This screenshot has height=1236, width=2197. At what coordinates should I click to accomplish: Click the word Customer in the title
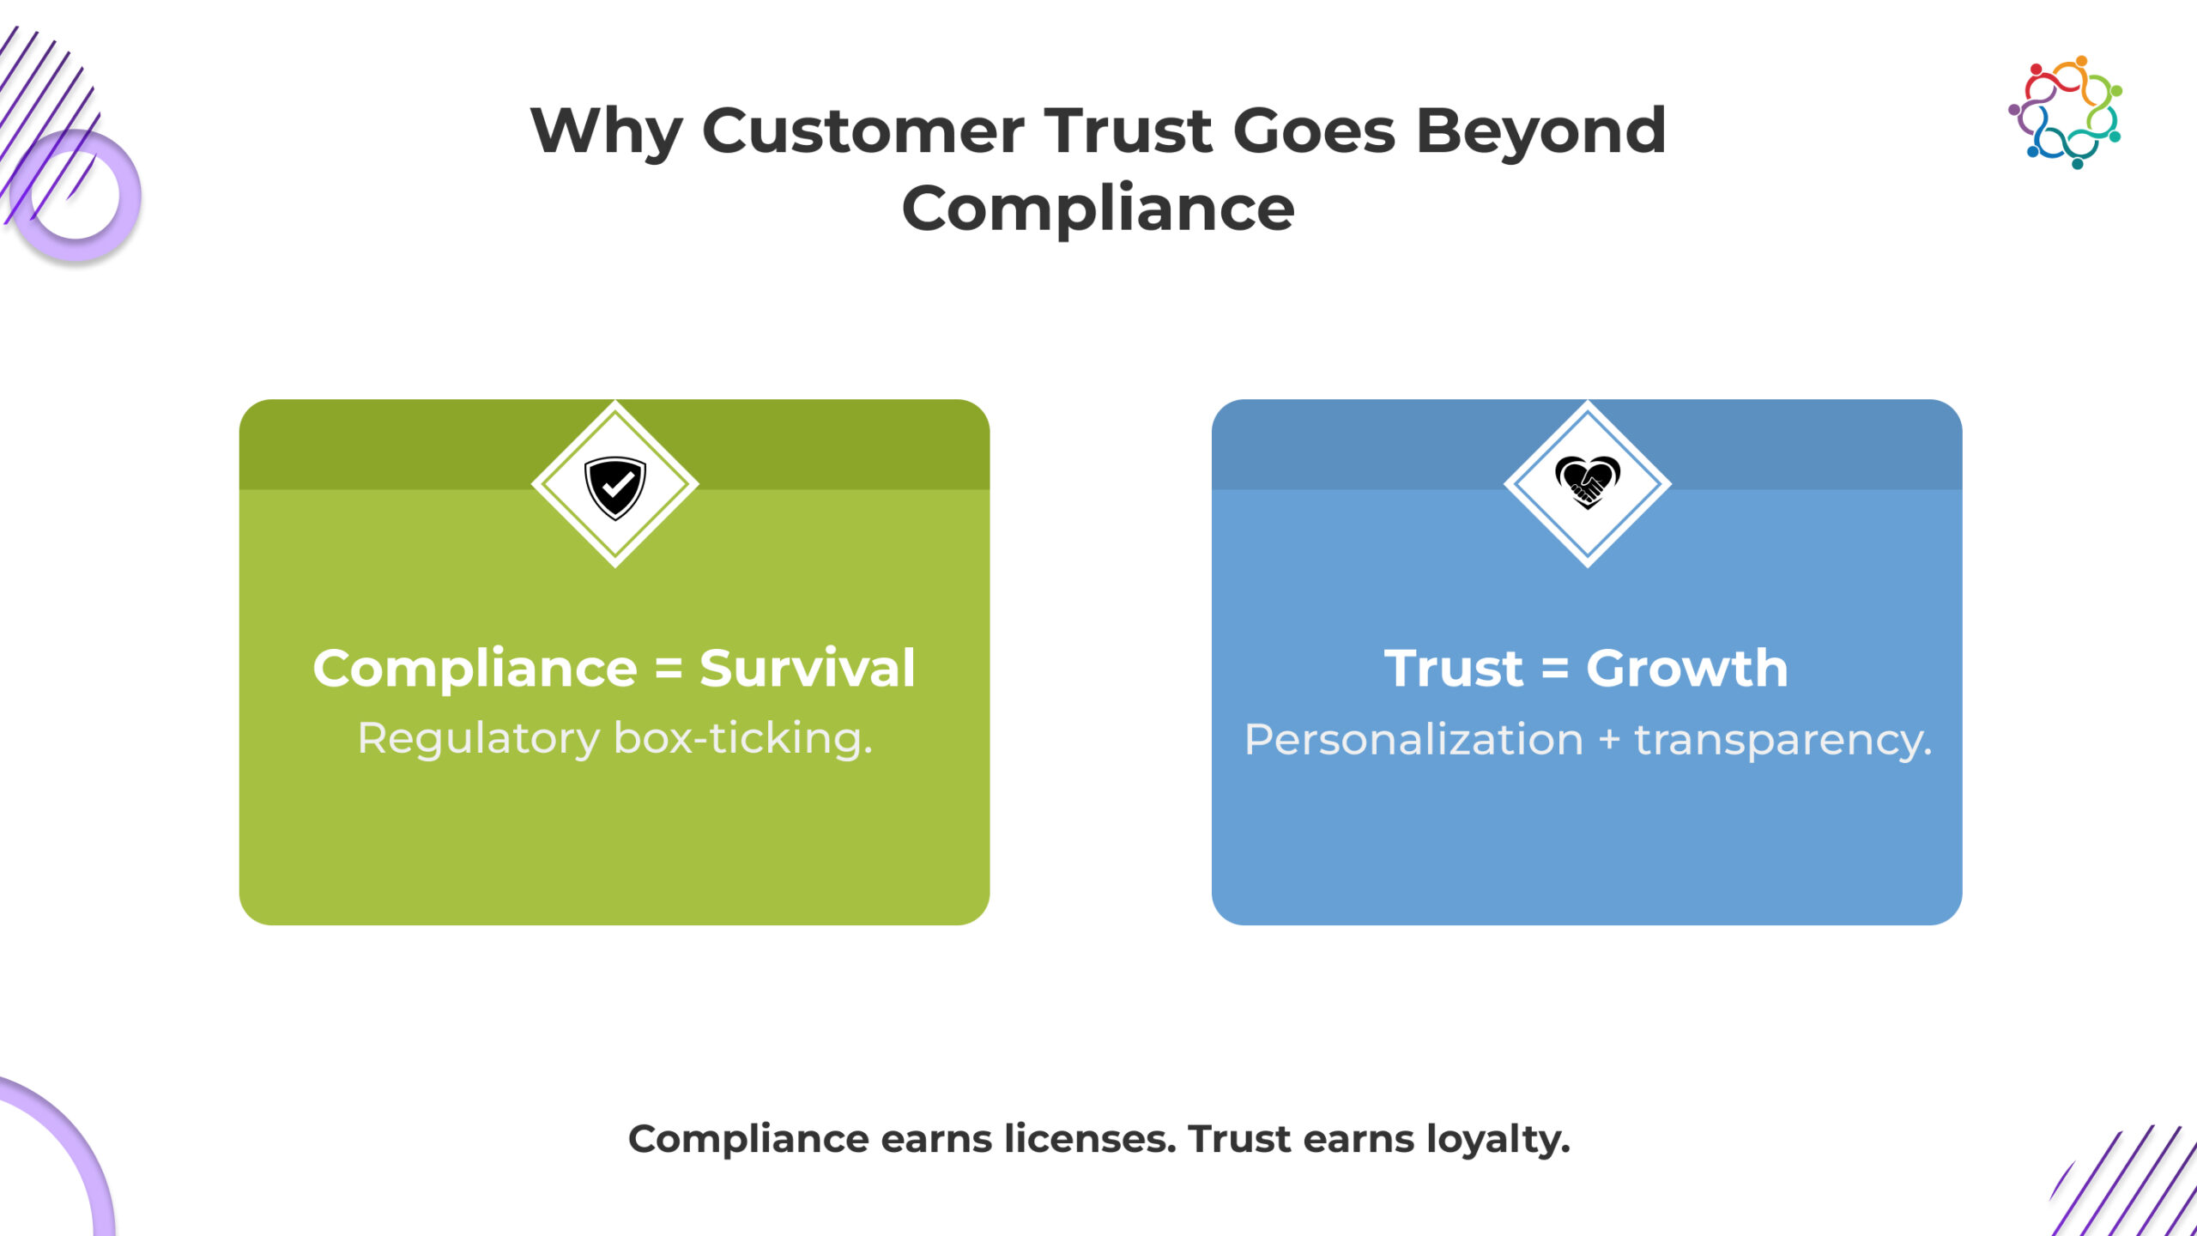[x=862, y=130]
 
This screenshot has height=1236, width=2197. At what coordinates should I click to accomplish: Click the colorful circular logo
[x=2065, y=112]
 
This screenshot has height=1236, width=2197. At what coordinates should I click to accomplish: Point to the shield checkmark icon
[x=614, y=488]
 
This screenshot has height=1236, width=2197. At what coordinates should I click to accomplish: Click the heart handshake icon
[x=1588, y=482]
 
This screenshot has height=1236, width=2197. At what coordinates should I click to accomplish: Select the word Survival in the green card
[x=808, y=668]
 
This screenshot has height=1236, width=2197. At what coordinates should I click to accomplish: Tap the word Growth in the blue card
[x=1687, y=668]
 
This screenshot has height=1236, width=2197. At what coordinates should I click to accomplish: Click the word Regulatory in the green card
[x=478, y=740]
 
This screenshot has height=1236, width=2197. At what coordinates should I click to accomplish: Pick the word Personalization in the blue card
[x=1413, y=740]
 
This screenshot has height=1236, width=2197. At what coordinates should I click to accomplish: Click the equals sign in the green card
[x=669, y=669]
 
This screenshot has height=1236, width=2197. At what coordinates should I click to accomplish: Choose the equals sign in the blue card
[x=1555, y=669]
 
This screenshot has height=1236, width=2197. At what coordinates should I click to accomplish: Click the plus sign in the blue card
[x=1609, y=740]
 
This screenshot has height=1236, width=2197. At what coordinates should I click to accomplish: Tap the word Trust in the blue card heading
[x=1454, y=668]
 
